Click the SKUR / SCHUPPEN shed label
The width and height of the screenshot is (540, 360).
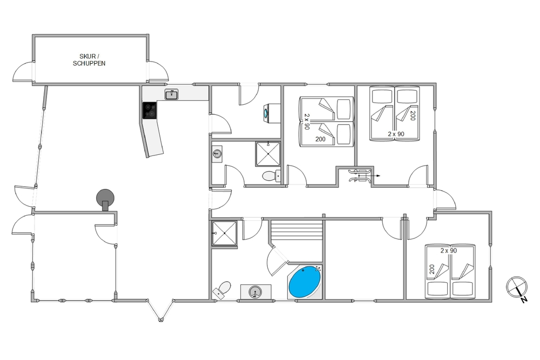89,60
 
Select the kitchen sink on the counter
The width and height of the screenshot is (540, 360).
171,94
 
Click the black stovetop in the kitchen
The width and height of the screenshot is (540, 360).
150,110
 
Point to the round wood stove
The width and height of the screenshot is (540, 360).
105,199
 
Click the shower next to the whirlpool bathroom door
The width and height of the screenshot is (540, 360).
224,233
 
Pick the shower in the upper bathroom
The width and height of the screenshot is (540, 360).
268,154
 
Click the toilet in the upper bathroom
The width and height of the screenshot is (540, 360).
271,176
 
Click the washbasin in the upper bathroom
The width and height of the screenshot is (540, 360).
217,152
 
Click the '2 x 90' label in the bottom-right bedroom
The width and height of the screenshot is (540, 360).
449,250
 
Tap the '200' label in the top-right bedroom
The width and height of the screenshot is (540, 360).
413,116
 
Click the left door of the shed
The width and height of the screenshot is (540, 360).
23,72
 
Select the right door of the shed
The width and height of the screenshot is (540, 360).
158,72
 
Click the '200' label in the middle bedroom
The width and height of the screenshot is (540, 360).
320,139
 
